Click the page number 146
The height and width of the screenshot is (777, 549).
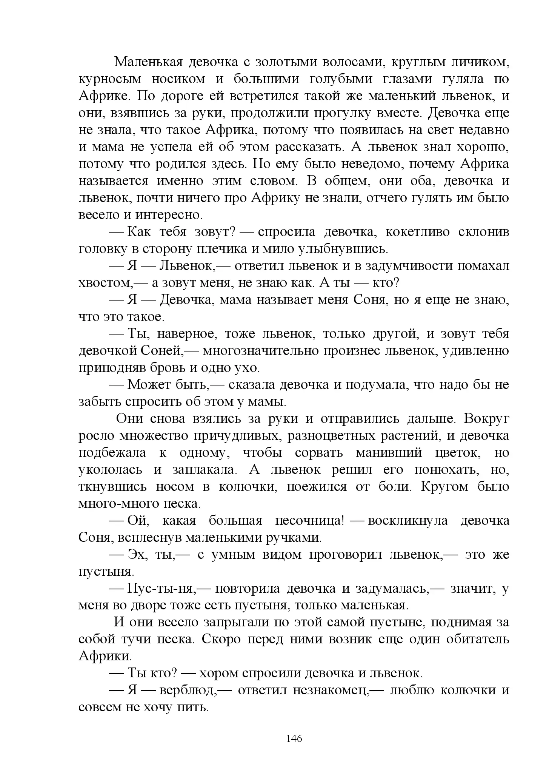coord(294,738)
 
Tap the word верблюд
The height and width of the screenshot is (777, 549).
coord(188,691)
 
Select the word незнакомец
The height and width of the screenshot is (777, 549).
coord(331,691)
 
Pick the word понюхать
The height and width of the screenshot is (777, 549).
coord(447,470)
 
